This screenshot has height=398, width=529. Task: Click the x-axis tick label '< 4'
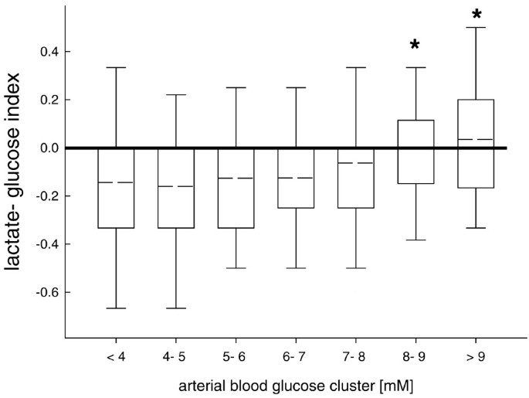[116, 357]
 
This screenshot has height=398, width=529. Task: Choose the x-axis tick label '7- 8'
[355, 357]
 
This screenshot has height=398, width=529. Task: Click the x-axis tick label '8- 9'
[415, 357]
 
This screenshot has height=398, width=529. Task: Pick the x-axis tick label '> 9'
[474, 357]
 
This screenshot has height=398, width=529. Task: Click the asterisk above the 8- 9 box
[415, 45]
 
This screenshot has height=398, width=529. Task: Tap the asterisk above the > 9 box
[475, 15]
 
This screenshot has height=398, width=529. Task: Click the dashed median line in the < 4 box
[116, 182]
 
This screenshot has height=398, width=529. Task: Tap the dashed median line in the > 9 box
[475, 140]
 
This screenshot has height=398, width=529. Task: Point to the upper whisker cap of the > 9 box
[475, 28]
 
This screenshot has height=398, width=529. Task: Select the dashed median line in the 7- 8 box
[355, 163]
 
